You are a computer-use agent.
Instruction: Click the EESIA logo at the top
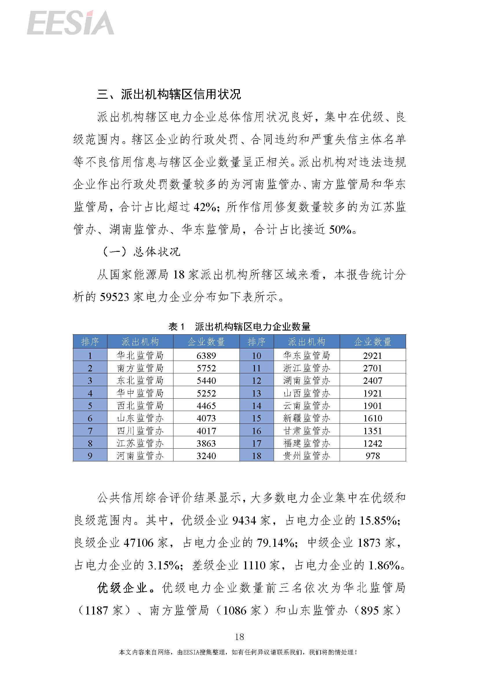click(70, 23)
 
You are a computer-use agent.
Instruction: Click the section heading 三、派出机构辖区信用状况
click(169, 94)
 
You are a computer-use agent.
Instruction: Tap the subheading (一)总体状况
click(141, 252)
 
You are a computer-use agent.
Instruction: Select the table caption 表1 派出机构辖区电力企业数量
click(239, 327)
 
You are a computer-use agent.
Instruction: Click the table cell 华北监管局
click(140, 355)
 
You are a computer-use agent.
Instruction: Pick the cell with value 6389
click(206, 356)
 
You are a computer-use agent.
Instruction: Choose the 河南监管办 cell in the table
click(140, 456)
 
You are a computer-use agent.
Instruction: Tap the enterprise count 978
click(372, 456)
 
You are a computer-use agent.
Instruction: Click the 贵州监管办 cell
click(306, 456)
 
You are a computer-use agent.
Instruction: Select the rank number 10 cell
click(256, 356)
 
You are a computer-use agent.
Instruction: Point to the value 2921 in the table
click(372, 356)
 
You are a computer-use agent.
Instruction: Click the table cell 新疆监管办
click(306, 418)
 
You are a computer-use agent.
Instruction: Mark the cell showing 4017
click(206, 431)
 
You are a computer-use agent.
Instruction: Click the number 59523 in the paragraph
click(114, 297)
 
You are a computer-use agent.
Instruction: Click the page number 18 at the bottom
click(239, 637)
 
